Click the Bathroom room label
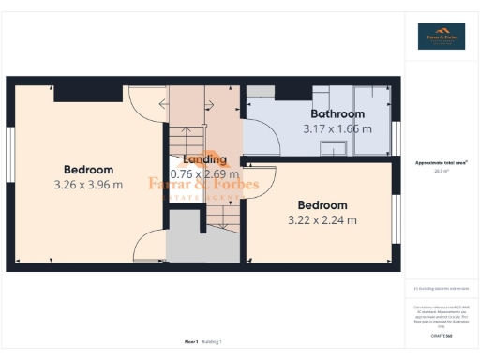pos(337,113)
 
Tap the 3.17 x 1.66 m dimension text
pos(337,128)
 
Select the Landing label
pos(204,159)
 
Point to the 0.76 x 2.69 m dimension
pos(205,174)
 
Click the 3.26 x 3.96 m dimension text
pos(88,185)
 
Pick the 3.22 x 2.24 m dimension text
pos(322,220)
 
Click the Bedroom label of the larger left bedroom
pos(88,170)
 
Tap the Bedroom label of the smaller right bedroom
pos(322,205)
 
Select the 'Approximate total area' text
pos(441,162)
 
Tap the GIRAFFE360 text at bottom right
pos(441,335)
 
